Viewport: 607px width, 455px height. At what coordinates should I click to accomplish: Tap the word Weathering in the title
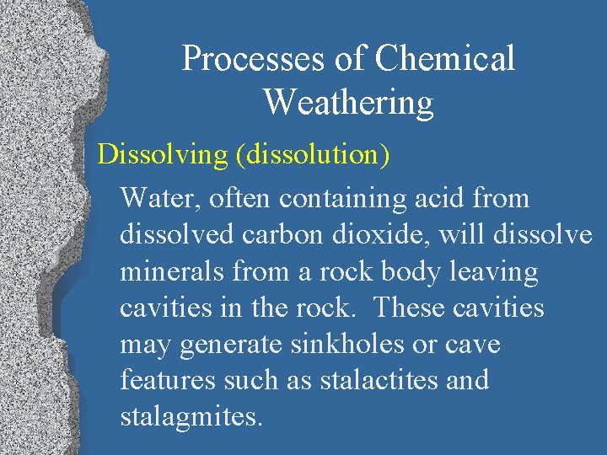point(347,103)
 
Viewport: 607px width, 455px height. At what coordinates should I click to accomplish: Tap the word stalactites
point(378,380)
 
